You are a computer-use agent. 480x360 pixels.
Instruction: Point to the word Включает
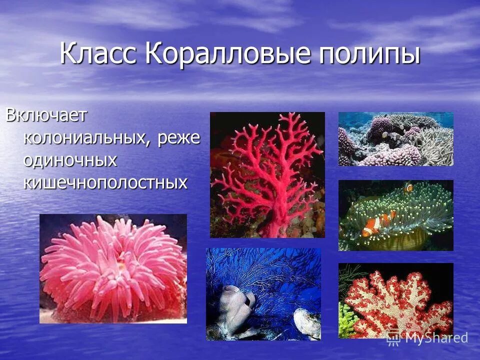46,115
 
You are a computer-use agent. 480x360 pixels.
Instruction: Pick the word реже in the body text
178,137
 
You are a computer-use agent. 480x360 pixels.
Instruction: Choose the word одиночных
70,160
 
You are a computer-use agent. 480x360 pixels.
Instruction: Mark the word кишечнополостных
105,182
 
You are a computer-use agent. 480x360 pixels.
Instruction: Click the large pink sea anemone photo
113,268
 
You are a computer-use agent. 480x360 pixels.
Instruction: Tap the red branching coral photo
267,174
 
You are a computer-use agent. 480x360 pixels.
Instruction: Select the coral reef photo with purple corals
395,138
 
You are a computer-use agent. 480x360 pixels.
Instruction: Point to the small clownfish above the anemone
408,187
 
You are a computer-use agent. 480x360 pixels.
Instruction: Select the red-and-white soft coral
395,300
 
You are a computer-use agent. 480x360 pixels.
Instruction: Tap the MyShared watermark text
436,338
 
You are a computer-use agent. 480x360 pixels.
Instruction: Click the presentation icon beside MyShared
394,338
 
